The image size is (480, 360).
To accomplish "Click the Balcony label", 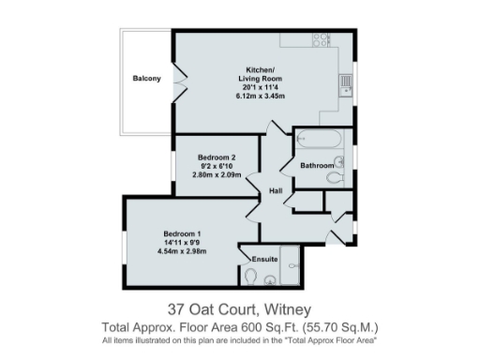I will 146,78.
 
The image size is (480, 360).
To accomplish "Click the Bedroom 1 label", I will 182,233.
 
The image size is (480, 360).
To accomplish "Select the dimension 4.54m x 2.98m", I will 182,251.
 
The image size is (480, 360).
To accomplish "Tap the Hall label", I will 276,191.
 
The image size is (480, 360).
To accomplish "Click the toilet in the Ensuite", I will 250,276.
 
